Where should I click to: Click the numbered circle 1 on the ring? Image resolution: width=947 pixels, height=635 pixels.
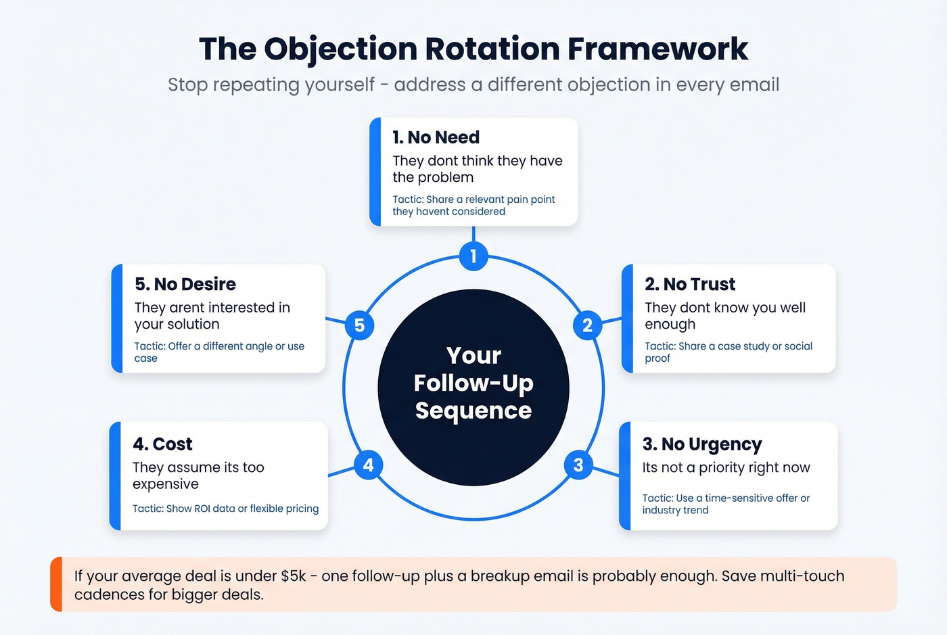tap(473, 256)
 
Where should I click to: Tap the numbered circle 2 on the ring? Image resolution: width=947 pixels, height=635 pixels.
tap(587, 325)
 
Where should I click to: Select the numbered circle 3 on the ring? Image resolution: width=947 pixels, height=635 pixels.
tap(578, 465)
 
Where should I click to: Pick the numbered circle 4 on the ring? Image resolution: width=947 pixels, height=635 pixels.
tap(369, 465)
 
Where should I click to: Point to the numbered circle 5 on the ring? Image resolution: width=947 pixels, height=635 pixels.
tap(359, 325)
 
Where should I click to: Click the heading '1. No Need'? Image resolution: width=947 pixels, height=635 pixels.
tap(436, 137)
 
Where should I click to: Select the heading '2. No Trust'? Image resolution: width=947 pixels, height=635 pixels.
tap(689, 284)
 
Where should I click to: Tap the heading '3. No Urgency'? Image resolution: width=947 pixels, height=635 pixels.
tap(701, 444)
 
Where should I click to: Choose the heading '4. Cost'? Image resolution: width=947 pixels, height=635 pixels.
tap(162, 444)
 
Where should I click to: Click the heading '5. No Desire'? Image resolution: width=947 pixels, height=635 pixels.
tap(185, 284)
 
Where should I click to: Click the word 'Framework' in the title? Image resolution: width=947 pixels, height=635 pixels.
tap(657, 49)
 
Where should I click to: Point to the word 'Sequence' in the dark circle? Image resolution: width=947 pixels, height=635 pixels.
tap(473, 410)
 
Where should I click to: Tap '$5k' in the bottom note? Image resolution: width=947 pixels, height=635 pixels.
tap(293, 576)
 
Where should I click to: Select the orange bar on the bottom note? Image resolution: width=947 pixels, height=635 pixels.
tap(56, 584)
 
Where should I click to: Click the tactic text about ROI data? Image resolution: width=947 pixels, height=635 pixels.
tap(225, 509)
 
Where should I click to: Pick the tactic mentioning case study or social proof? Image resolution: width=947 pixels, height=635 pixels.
tap(728, 352)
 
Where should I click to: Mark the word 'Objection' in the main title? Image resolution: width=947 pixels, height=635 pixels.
tap(340, 49)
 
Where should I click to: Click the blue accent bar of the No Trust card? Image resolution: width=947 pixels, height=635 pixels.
tap(627, 319)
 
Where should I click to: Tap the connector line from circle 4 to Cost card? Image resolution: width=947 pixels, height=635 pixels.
tap(342, 471)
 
